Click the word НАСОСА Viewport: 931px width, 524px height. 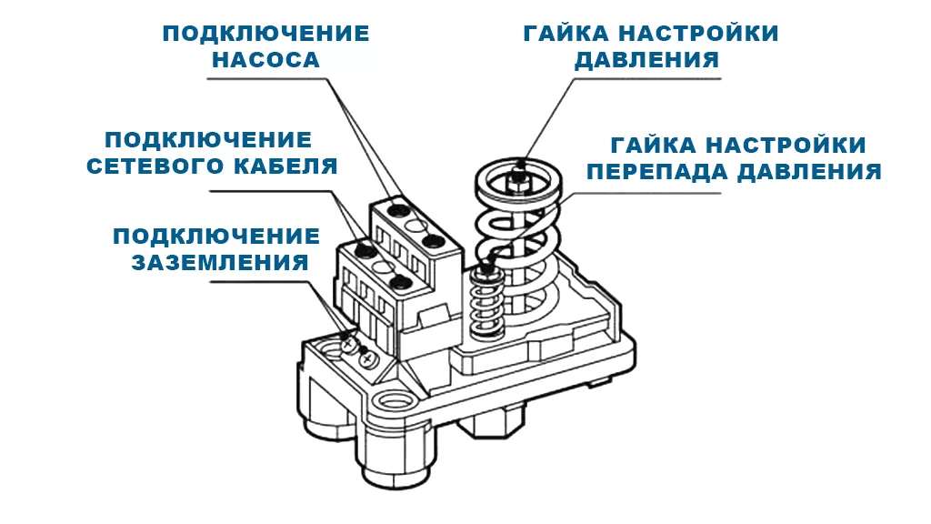coord(265,60)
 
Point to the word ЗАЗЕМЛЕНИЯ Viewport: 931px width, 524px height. coord(220,263)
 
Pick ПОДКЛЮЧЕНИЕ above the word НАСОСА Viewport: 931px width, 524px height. coord(265,34)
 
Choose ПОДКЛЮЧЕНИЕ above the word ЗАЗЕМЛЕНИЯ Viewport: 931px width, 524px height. coord(216,237)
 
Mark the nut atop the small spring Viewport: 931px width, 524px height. coord(486,268)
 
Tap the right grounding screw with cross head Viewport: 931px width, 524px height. coord(368,360)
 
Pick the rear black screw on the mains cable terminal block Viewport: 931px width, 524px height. coord(363,248)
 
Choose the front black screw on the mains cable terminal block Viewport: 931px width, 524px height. coord(397,281)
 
